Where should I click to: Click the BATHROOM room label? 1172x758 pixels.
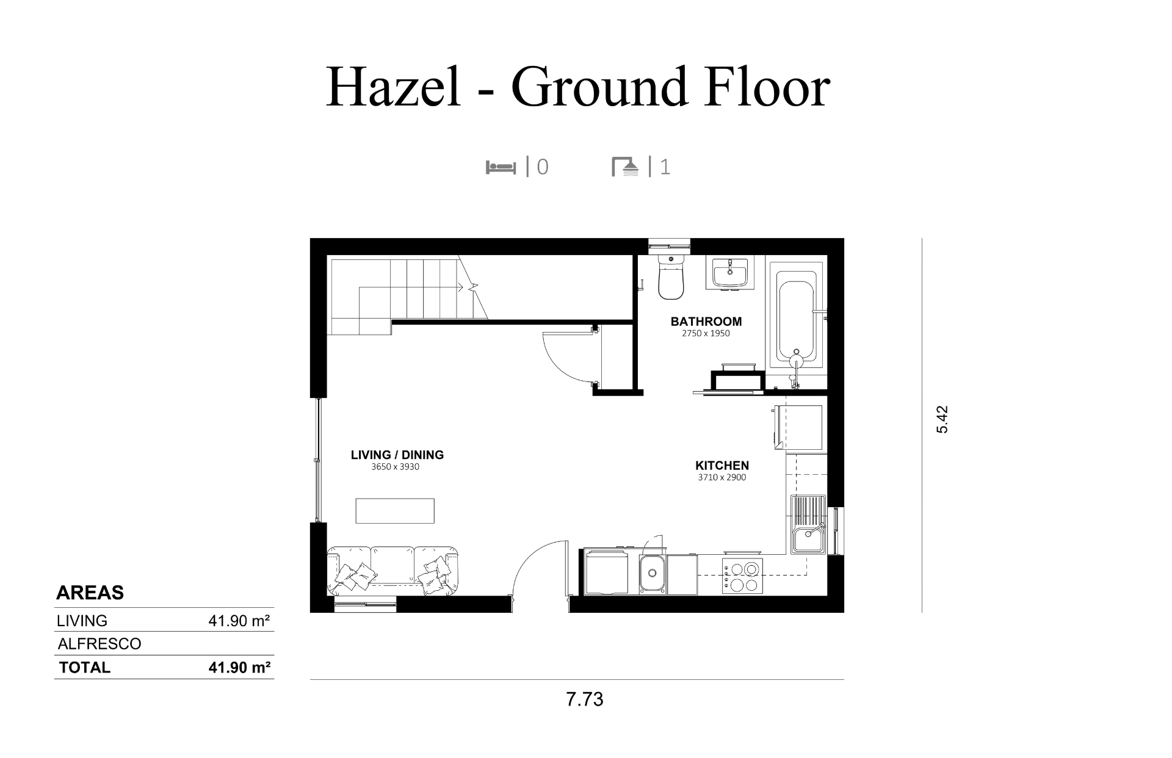706,322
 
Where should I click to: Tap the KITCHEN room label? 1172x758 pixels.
722,466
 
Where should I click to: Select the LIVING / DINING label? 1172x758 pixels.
397,455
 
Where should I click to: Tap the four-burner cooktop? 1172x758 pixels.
742,576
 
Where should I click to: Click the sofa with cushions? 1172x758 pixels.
392,571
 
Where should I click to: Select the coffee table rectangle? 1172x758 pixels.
395,511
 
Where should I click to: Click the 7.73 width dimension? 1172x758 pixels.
585,699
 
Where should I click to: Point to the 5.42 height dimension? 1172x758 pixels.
942,420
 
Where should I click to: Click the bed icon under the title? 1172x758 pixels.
501,167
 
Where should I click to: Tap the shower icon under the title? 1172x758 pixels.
625,167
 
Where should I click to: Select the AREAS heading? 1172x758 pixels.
90,593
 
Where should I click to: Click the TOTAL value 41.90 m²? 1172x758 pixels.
239,668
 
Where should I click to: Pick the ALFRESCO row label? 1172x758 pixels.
99,644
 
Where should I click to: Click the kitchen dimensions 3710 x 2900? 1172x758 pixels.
722,478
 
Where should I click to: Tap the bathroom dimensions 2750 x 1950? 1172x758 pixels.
706,334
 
